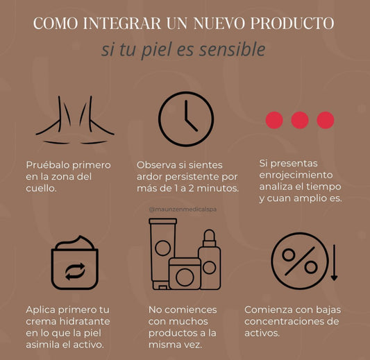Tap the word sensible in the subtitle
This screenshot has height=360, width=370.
234,50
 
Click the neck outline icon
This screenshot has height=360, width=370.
75,119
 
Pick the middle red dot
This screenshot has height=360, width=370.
300,120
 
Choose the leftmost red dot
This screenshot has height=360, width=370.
274,120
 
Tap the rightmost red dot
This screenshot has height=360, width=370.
325,120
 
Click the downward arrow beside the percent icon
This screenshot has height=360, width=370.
334,264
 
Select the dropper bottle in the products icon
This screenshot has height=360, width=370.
209,260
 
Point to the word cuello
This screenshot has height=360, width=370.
43,189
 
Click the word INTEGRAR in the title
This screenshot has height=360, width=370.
121,23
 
